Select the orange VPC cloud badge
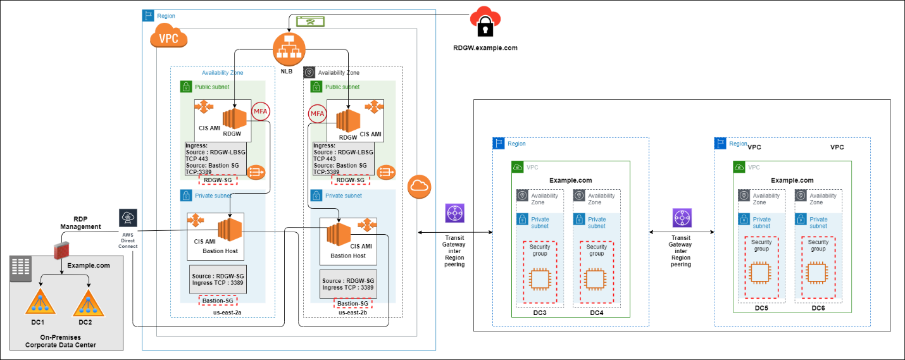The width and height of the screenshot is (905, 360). coord(168,38)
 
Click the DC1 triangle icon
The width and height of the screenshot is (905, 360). coord(40,302)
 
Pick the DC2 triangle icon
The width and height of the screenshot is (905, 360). coord(87,302)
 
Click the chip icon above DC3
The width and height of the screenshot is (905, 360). coord(539,278)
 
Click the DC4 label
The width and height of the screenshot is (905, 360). coord(597,312)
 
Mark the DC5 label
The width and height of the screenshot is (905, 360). coord(761,308)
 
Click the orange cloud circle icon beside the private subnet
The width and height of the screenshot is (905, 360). coord(420,186)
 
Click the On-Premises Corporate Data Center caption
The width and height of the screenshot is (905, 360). coord(60,341)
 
